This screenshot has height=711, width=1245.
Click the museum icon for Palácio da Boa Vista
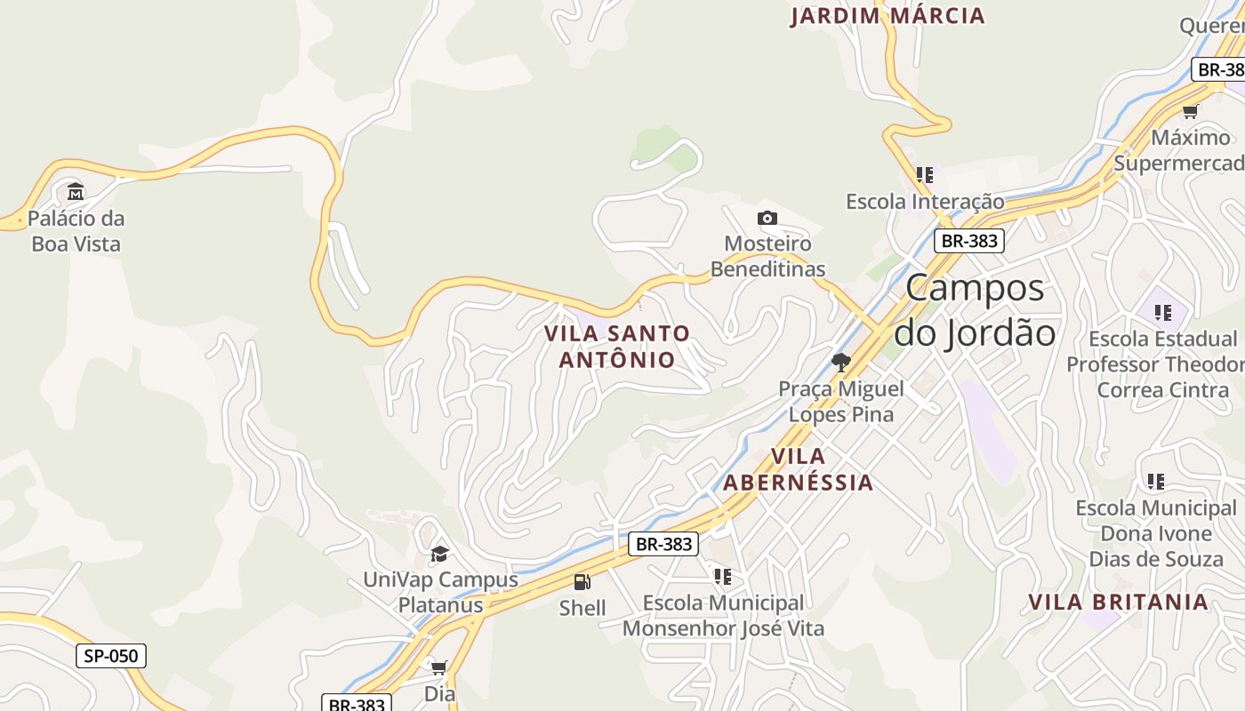click(76, 191)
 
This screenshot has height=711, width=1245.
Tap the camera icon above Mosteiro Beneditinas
click(767, 218)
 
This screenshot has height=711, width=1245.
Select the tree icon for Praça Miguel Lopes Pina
click(840, 362)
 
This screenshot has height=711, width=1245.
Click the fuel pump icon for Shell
click(582, 582)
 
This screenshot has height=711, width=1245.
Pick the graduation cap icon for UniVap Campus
click(439, 554)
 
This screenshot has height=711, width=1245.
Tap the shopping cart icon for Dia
click(438, 667)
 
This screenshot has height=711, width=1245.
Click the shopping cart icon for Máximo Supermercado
click(1190, 111)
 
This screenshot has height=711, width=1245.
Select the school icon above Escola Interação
click(925, 175)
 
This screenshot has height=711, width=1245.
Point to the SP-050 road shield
click(111, 656)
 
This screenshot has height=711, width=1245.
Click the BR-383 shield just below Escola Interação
click(968, 240)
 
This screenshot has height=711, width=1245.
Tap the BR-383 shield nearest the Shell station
click(663, 544)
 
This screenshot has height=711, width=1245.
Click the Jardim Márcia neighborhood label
click(888, 16)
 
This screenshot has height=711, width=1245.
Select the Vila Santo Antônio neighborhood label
click(616, 347)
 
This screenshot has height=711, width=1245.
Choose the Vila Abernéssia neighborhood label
click(798, 469)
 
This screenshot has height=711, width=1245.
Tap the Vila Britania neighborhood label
click(1118, 602)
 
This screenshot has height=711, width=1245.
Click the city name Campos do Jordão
click(975, 310)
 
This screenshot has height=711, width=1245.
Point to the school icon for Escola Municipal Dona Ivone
click(1155, 482)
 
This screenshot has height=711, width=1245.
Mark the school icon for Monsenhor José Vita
click(723, 577)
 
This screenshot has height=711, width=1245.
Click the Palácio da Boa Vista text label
click(76, 231)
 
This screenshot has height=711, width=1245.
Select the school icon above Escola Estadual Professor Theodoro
click(1162, 313)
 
